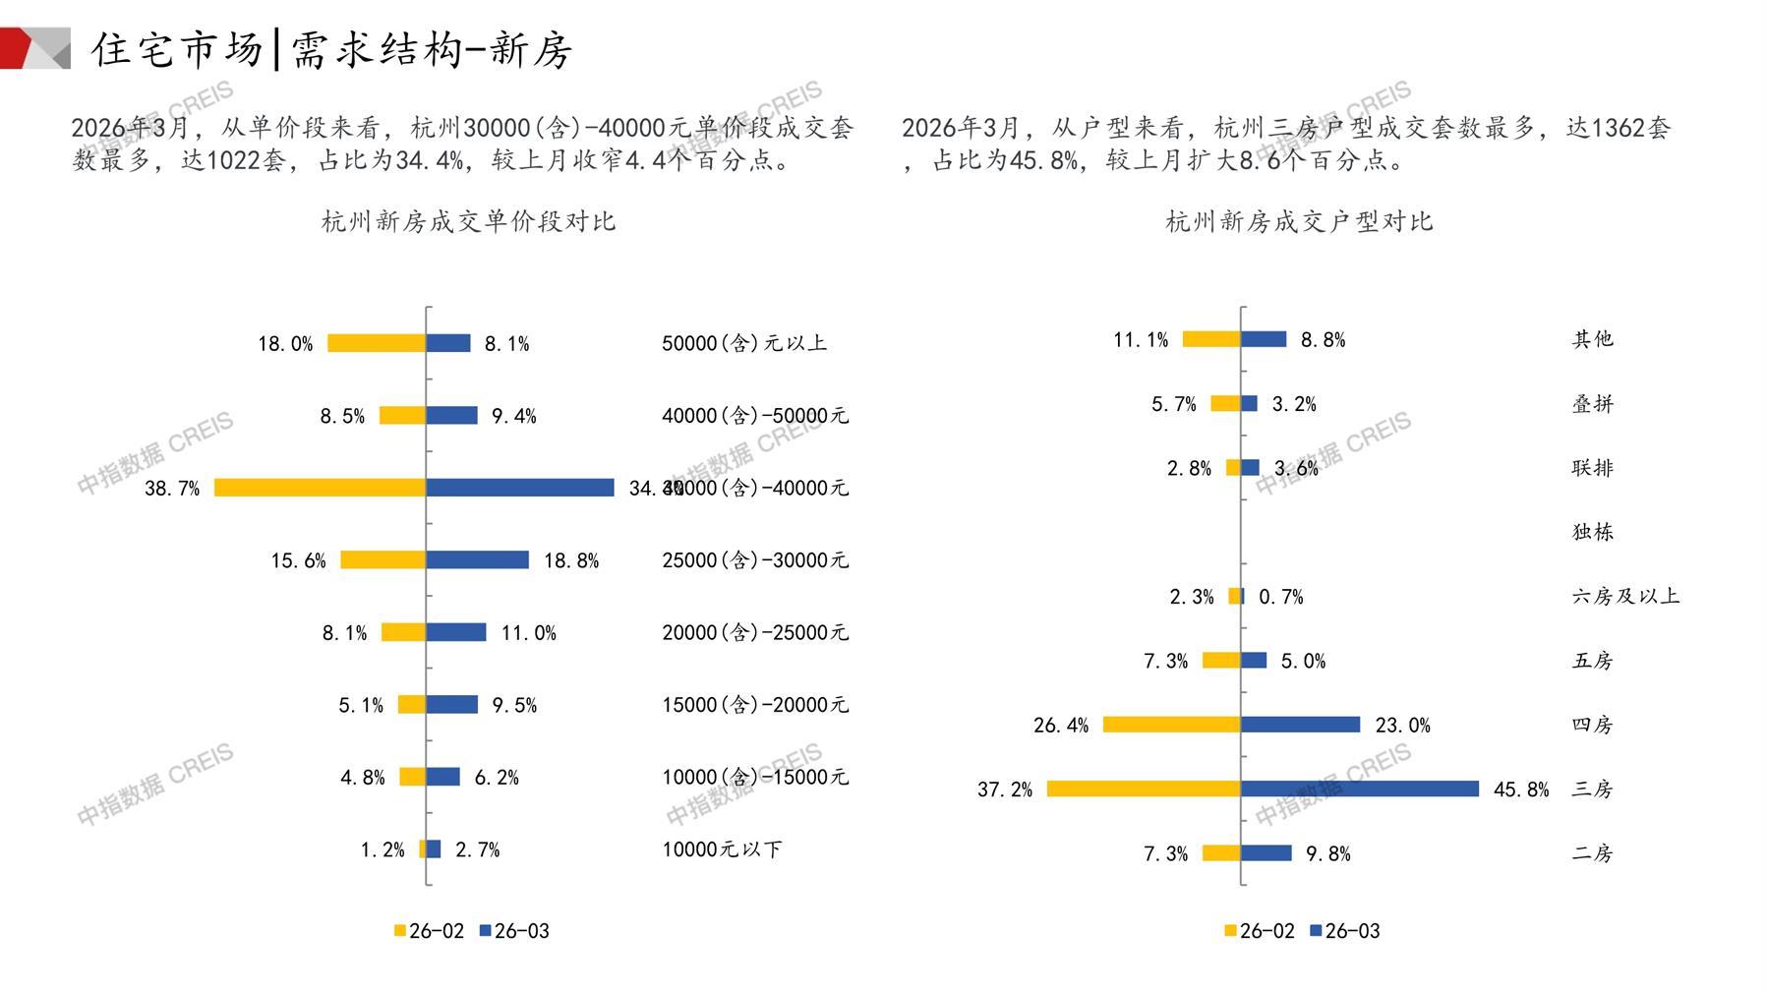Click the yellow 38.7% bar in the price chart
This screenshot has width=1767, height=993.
click(320, 488)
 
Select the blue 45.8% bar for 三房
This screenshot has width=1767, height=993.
click(1360, 789)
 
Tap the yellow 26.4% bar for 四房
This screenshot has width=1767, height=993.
click(1172, 725)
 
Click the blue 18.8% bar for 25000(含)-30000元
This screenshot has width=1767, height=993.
click(478, 560)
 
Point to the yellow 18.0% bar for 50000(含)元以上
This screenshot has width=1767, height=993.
click(377, 343)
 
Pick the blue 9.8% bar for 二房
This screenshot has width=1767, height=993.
click(1266, 853)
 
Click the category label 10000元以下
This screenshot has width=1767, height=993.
click(722, 849)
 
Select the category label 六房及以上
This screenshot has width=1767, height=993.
click(1625, 596)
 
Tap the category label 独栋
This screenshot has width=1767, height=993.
click(1593, 532)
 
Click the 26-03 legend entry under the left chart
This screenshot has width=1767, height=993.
click(514, 931)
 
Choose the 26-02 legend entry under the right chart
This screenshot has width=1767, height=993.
click(1260, 931)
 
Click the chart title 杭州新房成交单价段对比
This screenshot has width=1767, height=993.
click(468, 221)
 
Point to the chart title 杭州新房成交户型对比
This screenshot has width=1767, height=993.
click(1299, 221)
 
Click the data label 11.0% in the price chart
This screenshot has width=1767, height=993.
click(528, 633)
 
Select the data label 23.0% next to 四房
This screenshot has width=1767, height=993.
click(1402, 726)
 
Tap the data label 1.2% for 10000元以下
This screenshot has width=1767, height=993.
click(383, 849)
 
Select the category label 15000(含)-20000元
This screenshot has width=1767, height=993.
click(754, 705)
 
